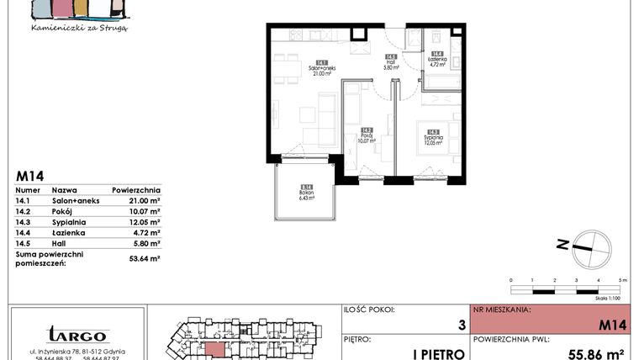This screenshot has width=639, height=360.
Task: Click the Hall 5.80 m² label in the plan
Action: click(388, 63)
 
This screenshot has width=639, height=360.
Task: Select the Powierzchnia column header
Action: click(135, 191)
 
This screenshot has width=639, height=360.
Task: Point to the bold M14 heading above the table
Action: click(30, 177)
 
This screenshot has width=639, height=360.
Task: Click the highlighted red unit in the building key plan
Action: click(215, 350)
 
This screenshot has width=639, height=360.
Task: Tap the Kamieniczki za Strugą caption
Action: click(78, 28)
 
